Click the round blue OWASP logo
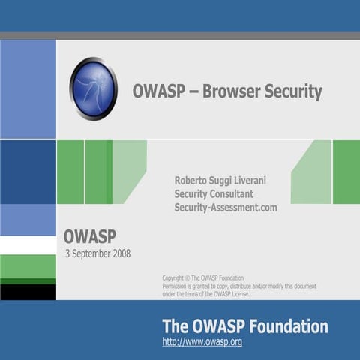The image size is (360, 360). click(94, 88)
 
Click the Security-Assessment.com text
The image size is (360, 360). click(226, 207)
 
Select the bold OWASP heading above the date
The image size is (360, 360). click(89, 237)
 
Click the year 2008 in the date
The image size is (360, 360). click(119, 253)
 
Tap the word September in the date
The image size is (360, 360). click(88, 253)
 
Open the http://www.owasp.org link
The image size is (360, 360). click(202, 342)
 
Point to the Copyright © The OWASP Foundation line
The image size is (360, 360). click(202, 277)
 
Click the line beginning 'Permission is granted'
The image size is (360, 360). click(238, 286)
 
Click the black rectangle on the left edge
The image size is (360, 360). click(28, 292)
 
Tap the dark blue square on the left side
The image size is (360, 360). click(28, 172)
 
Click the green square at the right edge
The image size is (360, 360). click(346, 172)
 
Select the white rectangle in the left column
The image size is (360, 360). click(28, 245)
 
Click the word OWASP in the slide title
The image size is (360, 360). click(156, 92)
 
